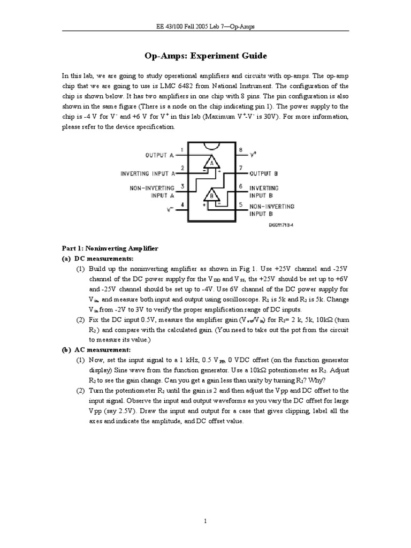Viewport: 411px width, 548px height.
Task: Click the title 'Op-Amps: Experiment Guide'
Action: click(x=205, y=56)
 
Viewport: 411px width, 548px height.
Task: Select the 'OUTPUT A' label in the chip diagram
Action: click(x=159, y=155)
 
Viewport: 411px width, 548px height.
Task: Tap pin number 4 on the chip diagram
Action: click(x=182, y=205)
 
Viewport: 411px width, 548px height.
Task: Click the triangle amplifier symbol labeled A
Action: click(x=212, y=163)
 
